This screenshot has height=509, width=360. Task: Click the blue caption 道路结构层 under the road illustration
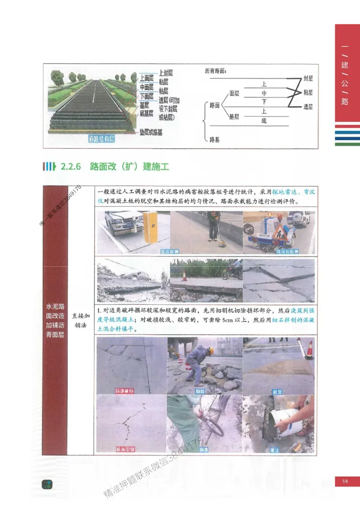(101, 139)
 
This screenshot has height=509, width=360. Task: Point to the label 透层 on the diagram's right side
(308, 107)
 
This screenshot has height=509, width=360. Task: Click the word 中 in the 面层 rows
(264, 93)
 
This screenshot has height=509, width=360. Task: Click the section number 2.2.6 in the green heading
(70, 167)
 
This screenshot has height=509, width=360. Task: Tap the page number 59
(345, 482)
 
